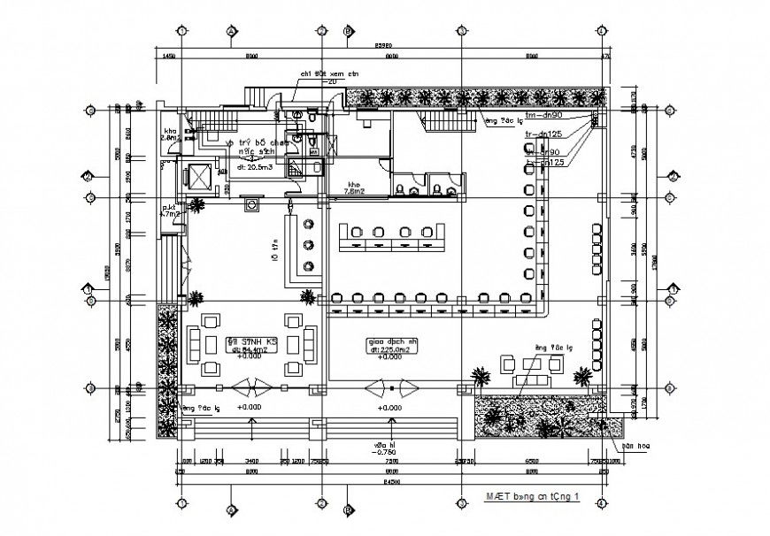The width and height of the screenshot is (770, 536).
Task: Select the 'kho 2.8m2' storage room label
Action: point(170,134)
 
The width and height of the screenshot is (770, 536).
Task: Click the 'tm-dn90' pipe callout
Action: point(545,116)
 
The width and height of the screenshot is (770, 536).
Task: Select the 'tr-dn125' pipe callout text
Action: point(543,134)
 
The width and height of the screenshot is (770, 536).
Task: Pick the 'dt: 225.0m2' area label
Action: point(387,349)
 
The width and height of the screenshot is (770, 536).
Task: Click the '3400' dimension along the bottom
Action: point(251,462)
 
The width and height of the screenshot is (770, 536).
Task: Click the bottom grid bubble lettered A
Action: point(230,510)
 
